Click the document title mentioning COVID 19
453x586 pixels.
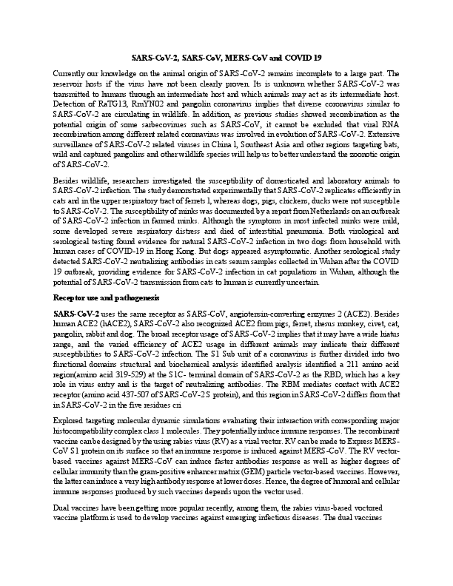[226, 57]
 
